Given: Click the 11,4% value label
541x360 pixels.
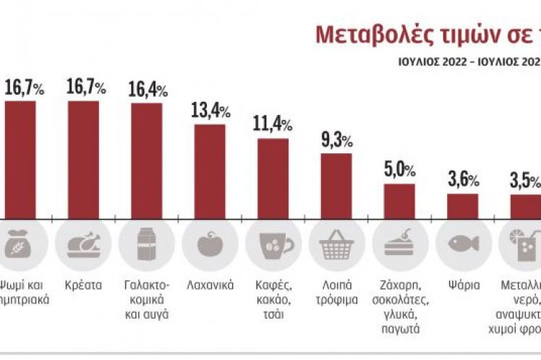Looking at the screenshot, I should (x=272, y=125).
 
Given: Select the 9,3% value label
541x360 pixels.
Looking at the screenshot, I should (x=336, y=140).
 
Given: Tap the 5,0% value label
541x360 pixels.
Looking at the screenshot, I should (x=399, y=171).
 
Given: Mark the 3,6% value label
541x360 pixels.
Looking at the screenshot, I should (x=463, y=181).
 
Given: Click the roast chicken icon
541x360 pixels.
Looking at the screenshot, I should (x=83, y=244).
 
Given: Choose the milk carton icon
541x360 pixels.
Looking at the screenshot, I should (x=147, y=244).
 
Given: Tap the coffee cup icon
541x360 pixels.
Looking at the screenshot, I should (x=272, y=244).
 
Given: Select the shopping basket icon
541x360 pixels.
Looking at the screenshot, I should (x=336, y=244).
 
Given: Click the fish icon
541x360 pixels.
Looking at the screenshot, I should (x=463, y=244).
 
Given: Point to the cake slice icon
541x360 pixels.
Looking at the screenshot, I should (x=399, y=244).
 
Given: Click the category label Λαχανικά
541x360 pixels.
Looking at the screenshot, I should (x=210, y=285).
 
